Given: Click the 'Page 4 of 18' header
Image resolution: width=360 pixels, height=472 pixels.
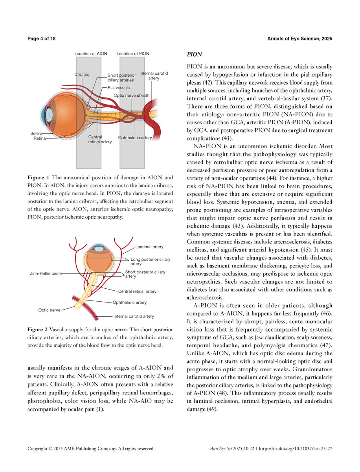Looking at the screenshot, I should coord(42,39).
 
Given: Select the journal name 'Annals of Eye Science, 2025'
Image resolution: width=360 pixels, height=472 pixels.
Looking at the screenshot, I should coord(300,39).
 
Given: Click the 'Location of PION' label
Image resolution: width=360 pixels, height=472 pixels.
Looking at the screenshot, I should coord(133,53).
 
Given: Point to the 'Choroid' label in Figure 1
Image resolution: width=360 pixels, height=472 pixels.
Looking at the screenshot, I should coord(82,74).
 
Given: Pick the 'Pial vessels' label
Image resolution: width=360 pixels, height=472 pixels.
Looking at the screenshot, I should coord(118,87).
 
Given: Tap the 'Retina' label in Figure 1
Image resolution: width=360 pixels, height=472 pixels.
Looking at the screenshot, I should coord(38,138).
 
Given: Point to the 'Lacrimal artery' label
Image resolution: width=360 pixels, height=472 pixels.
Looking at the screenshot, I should coord(149,247).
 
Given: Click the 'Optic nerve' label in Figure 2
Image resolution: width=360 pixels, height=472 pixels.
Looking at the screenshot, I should coord(49,310).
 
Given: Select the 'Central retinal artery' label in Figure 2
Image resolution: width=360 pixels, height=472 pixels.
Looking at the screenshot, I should coord(137,291).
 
